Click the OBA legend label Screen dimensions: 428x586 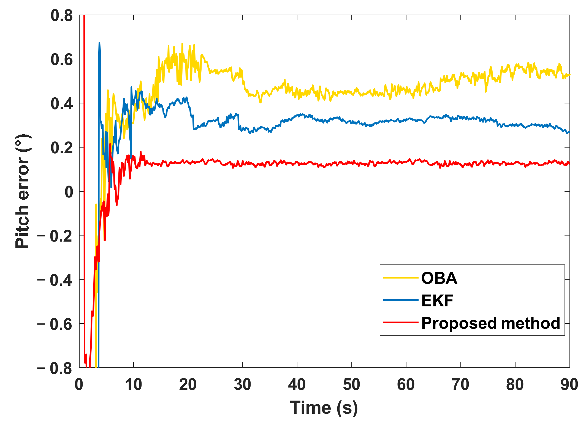pyautogui.click(x=439, y=278)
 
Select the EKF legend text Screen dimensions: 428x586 pyautogui.click(x=437, y=301)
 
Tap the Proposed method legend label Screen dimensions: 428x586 pyautogui.click(x=490, y=323)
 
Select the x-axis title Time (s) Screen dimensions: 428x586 pyautogui.click(x=324, y=408)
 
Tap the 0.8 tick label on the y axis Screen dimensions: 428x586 pyautogui.click(x=62, y=15)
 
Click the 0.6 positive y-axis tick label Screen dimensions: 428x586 pyautogui.click(x=62, y=60)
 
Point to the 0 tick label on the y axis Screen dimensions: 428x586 pyautogui.click(x=69, y=192)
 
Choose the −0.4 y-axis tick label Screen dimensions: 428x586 pyautogui.click(x=55, y=280)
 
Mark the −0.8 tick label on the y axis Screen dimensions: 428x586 pyautogui.click(x=55, y=368)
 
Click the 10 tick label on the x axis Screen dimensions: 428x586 pyautogui.click(x=133, y=384)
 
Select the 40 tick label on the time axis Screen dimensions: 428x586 pyautogui.click(x=297, y=384)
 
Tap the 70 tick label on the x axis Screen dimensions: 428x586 pyautogui.click(x=460, y=384)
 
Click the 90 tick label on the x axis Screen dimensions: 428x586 pyautogui.click(x=569, y=384)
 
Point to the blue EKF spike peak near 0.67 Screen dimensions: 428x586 pyautogui.click(x=99, y=43)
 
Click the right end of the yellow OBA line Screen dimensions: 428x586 pyautogui.click(x=569, y=75)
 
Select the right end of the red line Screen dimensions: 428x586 pyautogui.click(x=569, y=164)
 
